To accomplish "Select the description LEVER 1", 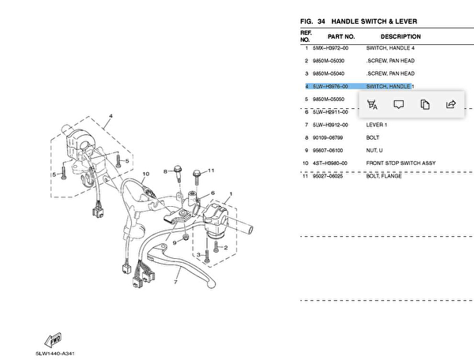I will pyautogui.click(x=377, y=125).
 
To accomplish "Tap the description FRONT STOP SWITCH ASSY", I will pyautogui.click(x=401, y=163).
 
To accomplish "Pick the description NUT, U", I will pyautogui.click(x=374, y=150).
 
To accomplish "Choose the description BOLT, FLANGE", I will pyautogui.click(x=384, y=176).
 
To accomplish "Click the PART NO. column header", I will pyautogui.click(x=341, y=37).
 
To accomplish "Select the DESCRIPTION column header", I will pyautogui.click(x=401, y=37).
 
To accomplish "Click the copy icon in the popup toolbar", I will pyautogui.click(x=425, y=104).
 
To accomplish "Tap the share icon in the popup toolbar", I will pyautogui.click(x=451, y=104).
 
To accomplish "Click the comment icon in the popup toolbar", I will pyautogui.click(x=399, y=104).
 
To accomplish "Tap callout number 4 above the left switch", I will pyautogui.click(x=111, y=117).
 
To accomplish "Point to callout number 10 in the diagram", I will pyautogui.click(x=145, y=173).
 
